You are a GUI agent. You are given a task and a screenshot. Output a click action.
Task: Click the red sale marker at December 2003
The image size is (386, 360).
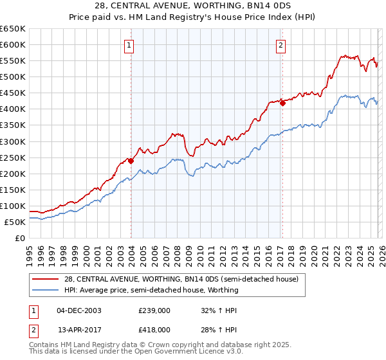click(x=131, y=161)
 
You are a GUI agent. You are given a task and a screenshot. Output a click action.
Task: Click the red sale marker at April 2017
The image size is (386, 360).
click(x=282, y=103)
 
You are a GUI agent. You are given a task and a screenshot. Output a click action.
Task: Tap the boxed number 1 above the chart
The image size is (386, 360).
click(x=130, y=45)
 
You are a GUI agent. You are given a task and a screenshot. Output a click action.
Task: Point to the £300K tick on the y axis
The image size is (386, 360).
click(x=14, y=141)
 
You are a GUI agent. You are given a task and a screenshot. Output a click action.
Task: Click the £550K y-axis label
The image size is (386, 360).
click(x=14, y=60)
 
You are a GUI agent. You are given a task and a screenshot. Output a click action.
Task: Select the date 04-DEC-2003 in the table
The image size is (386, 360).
click(x=79, y=310)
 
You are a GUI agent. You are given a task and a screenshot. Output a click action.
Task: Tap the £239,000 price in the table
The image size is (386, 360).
click(x=154, y=310)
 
